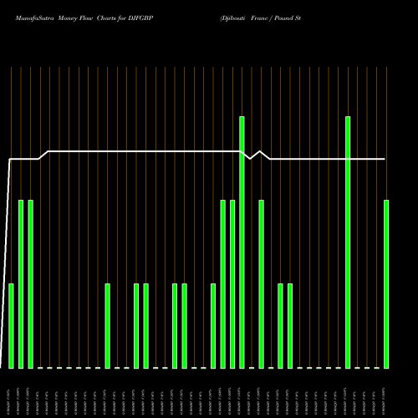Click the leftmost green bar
[11, 326]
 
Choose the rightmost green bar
[386, 284]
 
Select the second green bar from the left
[21, 284]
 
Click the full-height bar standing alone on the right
[348, 242]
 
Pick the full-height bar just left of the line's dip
[242, 242]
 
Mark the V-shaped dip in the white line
[251, 157]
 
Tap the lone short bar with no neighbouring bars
[107, 326]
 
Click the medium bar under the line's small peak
[261, 284]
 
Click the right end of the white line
[385, 158]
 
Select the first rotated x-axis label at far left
[8, 400]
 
